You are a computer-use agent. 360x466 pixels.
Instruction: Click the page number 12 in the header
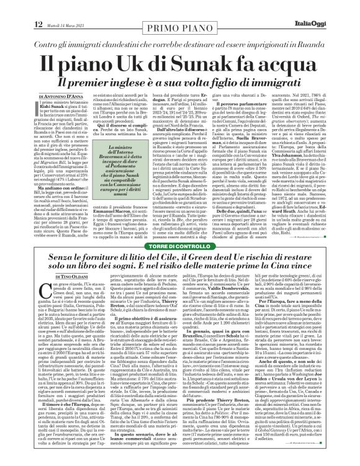(11, 7)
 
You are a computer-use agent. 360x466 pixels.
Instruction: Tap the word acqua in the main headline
(308, 48)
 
